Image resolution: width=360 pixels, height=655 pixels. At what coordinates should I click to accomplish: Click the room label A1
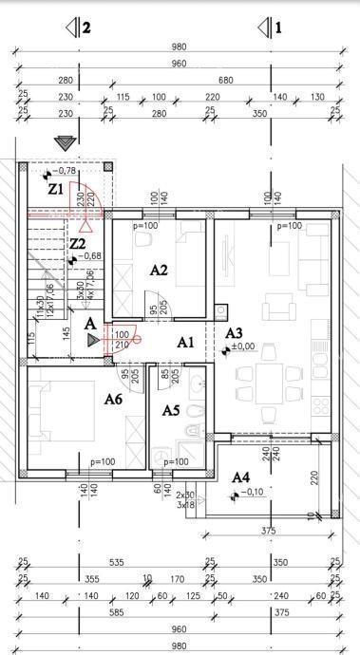pos(186,342)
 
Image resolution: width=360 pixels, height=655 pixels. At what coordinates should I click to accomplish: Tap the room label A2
pos(160,270)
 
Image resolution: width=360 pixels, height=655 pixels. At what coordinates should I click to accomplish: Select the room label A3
pos(234,333)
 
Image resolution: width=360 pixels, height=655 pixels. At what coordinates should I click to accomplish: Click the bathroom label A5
pos(171,411)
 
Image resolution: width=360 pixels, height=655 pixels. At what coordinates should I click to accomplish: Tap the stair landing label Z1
pos(56,189)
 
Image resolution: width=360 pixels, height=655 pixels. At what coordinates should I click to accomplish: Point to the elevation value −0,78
pos(66,171)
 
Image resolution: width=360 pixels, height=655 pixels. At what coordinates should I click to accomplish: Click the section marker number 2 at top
pos(86,28)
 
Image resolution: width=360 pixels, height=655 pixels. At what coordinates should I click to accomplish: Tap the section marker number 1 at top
pos(278,28)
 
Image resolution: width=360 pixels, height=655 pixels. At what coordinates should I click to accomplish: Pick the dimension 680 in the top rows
pos(251,81)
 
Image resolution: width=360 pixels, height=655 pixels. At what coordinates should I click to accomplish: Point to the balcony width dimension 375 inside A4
pos(268,532)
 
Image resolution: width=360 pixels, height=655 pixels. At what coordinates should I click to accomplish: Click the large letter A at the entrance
pos(90,324)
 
